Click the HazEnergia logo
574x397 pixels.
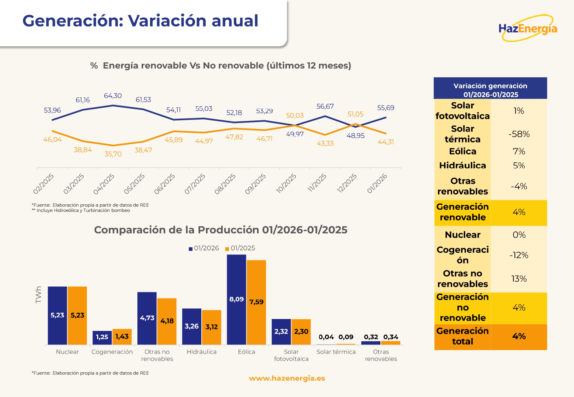click(x=528, y=29)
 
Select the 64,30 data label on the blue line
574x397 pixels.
click(x=113, y=96)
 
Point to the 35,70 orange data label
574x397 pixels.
click(x=113, y=154)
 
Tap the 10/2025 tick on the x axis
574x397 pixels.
click(x=286, y=184)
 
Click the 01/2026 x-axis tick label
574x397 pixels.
click(x=377, y=184)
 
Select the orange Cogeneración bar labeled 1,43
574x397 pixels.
click(x=122, y=337)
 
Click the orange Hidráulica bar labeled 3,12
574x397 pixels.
click(x=211, y=327)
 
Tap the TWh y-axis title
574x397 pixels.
click(x=39, y=295)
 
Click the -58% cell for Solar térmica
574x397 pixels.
click(x=519, y=134)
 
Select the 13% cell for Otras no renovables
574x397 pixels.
click(x=519, y=279)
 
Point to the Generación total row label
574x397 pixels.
click(x=462, y=336)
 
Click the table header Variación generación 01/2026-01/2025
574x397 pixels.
click(x=490, y=90)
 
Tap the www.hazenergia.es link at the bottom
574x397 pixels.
click(x=287, y=378)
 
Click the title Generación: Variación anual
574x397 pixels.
click(x=140, y=21)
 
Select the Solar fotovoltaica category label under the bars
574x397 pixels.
click(x=291, y=355)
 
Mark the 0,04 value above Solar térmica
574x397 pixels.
click(x=326, y=337)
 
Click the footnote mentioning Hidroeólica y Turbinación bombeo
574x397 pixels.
click(x=81, y=211)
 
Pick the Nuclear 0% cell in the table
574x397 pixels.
click(x=519, y=235)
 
